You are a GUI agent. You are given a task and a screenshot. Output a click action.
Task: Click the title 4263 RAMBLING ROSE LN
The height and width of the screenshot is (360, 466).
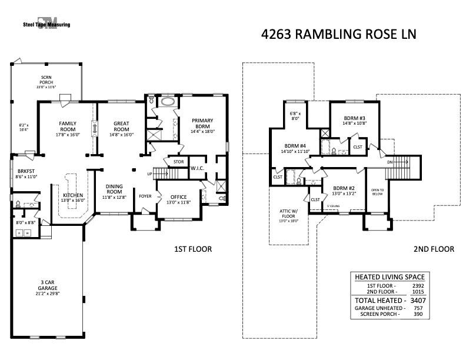tap(338, 34)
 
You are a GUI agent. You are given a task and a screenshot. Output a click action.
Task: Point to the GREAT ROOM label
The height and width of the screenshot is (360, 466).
tap(121, 126)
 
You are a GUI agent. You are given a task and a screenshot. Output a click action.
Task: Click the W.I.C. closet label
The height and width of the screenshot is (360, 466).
tap(197, 168)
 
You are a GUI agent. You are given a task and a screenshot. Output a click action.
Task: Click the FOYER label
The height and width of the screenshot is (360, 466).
tap(145, 197)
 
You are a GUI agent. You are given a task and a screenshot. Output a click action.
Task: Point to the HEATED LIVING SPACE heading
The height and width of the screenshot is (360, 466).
tap(389, 277)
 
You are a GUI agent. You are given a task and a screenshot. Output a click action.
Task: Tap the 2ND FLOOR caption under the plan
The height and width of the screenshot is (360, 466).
tap(434, 249)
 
